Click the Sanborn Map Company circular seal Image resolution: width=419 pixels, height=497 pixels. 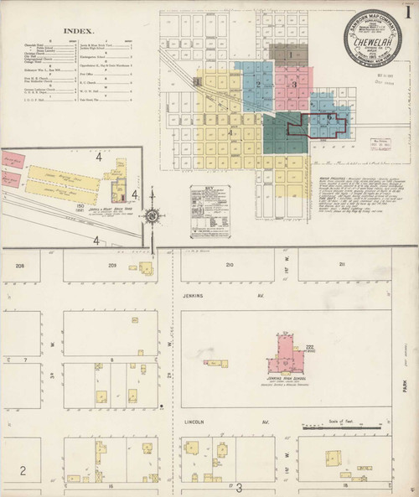[x=371, y=36]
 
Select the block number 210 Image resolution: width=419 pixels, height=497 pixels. [x=229, y=265]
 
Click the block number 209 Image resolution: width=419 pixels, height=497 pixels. [x=112, y=265]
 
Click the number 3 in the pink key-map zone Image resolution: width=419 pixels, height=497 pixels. [x=294, y=83]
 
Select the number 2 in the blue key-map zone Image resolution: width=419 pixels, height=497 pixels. [x=259, y=83]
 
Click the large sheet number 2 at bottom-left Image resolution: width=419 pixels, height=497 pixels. [x=23, y=469]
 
